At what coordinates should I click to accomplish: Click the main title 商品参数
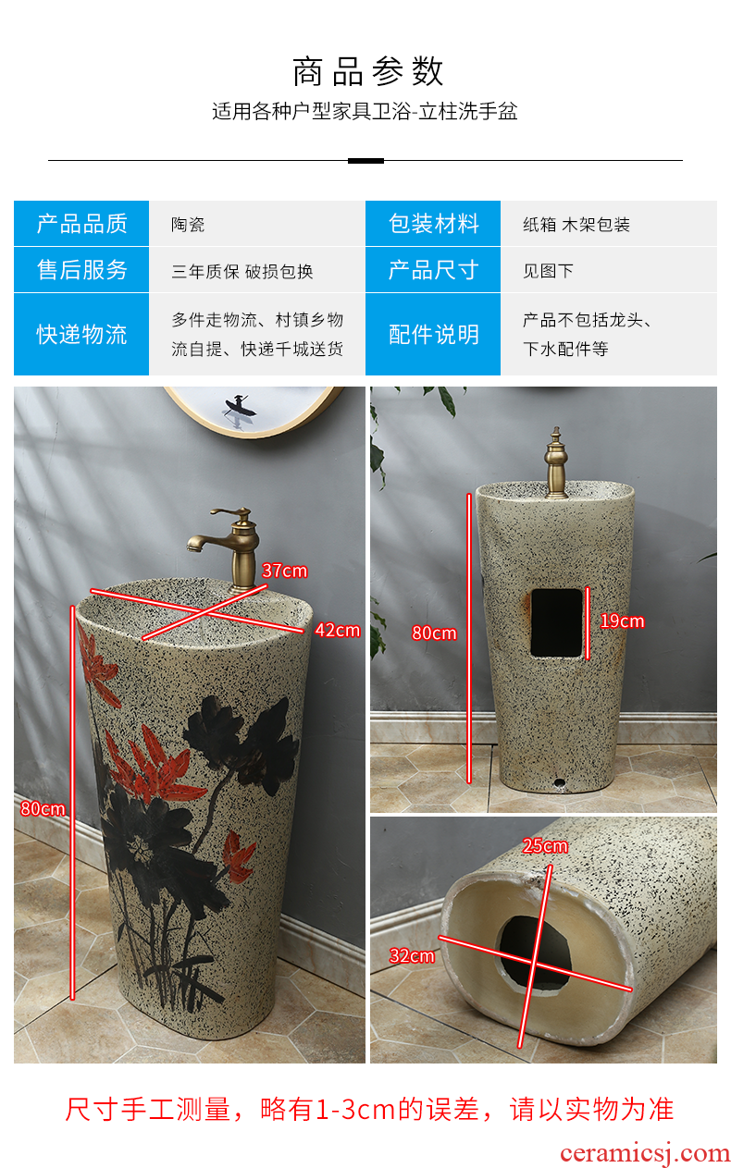[367, 71]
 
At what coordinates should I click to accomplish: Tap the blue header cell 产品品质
[81, 223]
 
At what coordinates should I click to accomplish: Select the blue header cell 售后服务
[81, 270]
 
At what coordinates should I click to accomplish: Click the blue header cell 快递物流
[81, 334]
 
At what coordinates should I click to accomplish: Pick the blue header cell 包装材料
[433, 223]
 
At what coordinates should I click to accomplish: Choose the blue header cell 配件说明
[433, 334]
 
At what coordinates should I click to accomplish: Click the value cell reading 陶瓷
[188, 225]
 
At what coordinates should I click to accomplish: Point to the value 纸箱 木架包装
[576, 225]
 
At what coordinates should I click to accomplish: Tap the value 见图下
[548, 271]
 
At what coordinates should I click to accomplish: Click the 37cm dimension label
[284, 571]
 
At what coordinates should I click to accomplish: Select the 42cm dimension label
[338, 630]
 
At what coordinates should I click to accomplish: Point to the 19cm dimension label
[622, 621]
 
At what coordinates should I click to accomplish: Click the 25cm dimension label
[545, 845]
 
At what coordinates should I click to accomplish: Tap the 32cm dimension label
[412, 955]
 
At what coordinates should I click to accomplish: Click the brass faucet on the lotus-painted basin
[229, 549]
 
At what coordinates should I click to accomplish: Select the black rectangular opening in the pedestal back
[556, 622]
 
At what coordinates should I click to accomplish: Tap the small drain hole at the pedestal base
[559, 782]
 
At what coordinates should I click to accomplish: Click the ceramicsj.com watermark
[644, 1153]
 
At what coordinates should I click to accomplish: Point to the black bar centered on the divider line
[365, 161]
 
